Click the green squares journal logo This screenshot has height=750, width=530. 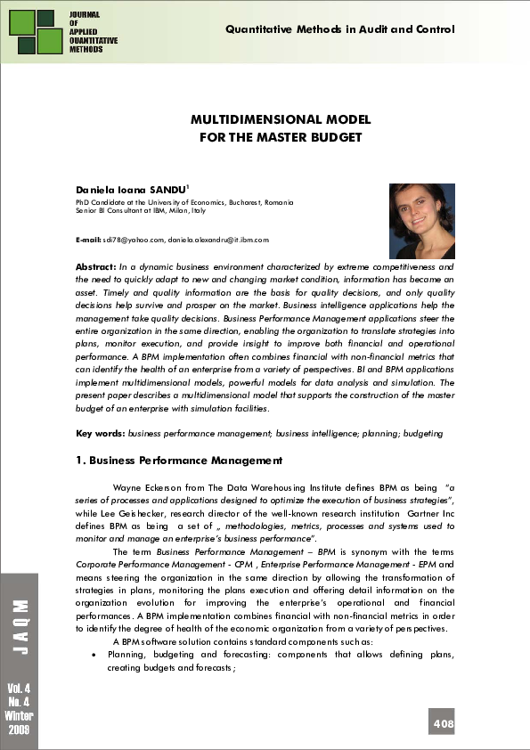click(35, 31)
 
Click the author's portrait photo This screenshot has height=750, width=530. click(422, 221)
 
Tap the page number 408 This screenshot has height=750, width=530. click(444, 723)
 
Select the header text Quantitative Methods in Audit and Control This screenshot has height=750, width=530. click(340, 29)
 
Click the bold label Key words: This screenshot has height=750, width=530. click(101, 433)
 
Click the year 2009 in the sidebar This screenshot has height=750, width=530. click(20, 730)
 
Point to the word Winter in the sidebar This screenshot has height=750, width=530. click(20, 716)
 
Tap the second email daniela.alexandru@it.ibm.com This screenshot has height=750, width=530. click(218, 240)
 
